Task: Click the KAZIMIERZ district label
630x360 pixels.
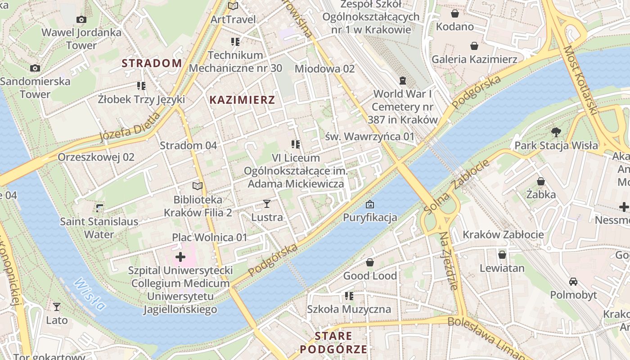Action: pos(242,100)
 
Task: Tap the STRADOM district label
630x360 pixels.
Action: pos(152,63)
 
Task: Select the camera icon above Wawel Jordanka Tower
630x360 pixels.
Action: pos(81,19)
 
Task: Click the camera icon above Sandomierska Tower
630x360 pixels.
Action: pos(35,68)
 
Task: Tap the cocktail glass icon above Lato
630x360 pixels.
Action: pos(57,307)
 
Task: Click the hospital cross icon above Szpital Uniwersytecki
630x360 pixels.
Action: pos(180,257)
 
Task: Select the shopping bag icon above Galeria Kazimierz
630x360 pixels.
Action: pos(474,46)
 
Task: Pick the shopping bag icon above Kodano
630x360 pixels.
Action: pos(455,13)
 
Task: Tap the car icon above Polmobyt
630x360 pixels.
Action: pos(573,282)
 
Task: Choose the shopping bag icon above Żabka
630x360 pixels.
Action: pos(541,181)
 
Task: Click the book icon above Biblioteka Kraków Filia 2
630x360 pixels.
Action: pos(198,186)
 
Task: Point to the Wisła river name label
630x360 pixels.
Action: pos(90,294)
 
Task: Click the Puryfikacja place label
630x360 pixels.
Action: pos(370,218)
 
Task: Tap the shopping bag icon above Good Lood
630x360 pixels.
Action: pos(370,262)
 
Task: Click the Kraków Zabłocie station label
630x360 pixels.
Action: pos(503,234)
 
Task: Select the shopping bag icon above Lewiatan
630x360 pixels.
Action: pos(502,255)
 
